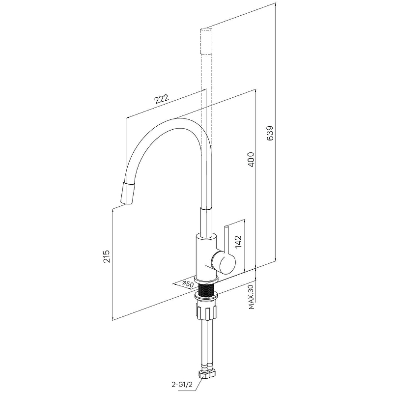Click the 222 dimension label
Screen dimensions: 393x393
click(x=162, y=99)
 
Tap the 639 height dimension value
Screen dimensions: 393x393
click(x=271, y=133)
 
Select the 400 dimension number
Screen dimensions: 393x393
click(x=251, y=159)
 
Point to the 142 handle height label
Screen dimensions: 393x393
click(x=238, y=241)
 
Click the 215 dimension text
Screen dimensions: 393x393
click(x=107, y=256)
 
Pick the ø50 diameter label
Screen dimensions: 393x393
click(x=188, y=284)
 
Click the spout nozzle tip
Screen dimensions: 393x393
click(x=128, y=193)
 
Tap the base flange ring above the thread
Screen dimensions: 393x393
click(x=206, y=280)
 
